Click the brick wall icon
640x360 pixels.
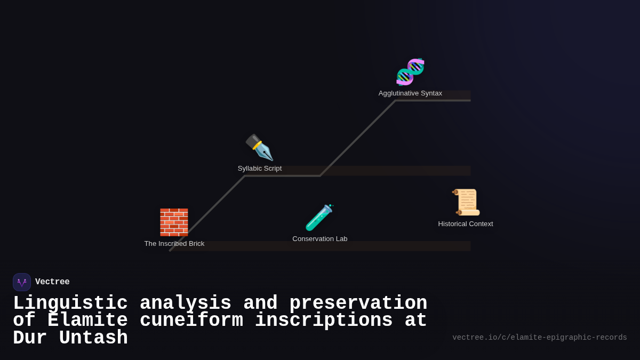tap(174, 222)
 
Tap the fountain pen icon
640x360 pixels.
tap(259, 148)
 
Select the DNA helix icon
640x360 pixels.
tap(410, 72)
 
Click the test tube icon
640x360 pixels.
tap(319, 218)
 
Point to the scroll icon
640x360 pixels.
tap(466, 202)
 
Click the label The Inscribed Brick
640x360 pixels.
tap(174, 244)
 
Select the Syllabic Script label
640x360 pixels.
tap(260, 169)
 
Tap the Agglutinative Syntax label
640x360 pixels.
tap(410, 93)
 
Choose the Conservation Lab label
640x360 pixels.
tap(320, 239)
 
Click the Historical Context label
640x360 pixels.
tap(466, 224)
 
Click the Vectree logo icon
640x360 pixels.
tap(22, 282)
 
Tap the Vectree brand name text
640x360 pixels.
tap(52, 282)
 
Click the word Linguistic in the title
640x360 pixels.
tap(70, 303)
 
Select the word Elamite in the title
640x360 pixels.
tap(87, 321)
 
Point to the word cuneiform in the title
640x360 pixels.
tap(191, 321)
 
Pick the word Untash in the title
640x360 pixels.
tap(93, 338)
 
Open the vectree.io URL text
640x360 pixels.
tap(539, 338)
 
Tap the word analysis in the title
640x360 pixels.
tap(186, 303)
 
